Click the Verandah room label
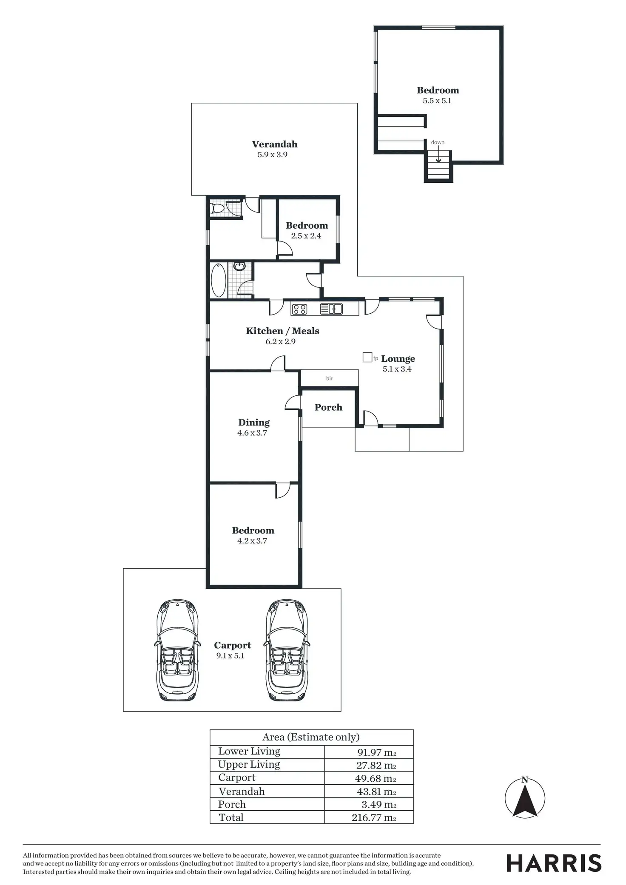point(274,144)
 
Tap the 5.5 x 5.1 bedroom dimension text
point(437,101)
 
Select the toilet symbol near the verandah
point(217,208)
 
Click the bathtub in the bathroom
point(219,280)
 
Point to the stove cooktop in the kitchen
point(300,309)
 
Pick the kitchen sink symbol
point(332,309)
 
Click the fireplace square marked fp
point(367,357)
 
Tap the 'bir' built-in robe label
point(329,378)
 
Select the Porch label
point(328,407)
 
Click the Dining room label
point(254,422)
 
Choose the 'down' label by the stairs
point(438,142)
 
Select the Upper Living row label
point(249,764)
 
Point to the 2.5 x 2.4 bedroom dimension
point(306,236)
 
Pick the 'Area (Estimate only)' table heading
point(311,737)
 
